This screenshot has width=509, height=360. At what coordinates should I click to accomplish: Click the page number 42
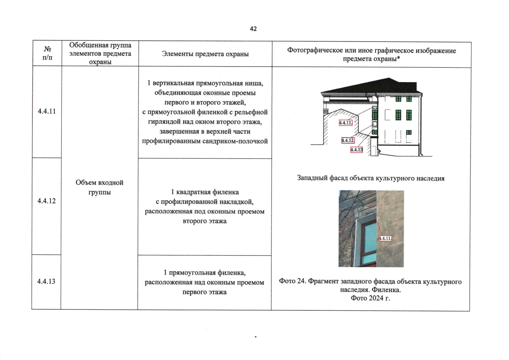[x=253, y=29]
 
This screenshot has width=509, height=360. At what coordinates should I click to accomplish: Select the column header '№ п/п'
[x=47, y=53]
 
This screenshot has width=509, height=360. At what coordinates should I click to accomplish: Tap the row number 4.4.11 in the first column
[x=47, y=111]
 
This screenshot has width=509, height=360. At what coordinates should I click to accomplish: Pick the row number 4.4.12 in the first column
[x=47, y=201]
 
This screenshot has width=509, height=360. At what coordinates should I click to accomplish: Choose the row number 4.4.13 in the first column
[x=46, y=281]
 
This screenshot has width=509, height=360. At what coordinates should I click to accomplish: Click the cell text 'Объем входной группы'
[x=99, y=187]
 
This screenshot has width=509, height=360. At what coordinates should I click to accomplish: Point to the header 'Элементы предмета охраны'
[x=205, y=54]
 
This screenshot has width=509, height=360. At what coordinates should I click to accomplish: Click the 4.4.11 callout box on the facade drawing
[x=345, y=123]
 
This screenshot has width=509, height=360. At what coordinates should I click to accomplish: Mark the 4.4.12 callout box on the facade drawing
[x=348, y=140]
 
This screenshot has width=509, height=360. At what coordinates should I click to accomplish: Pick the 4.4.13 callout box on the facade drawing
[x=357, y=150]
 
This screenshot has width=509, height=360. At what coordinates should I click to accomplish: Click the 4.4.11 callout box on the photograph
[x=385, y=238]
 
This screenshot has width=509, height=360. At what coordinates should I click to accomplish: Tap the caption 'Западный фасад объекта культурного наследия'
[x=371, y=178]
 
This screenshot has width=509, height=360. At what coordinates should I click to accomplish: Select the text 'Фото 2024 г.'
[x=370, y=298]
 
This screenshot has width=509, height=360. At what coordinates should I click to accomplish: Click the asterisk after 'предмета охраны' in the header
[x=399, y=58]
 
